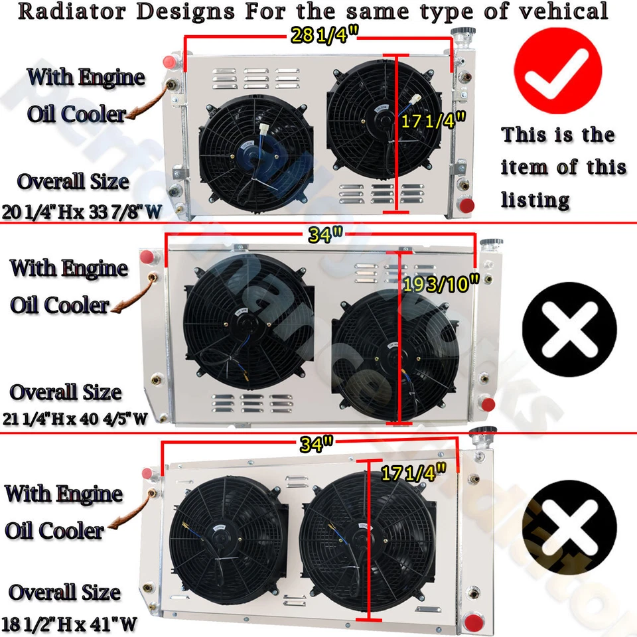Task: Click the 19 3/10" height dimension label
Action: pyautogui.click(x=441, y=284)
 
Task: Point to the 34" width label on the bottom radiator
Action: pyautogui.click(x=316, y=445)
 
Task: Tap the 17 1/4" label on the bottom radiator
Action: pyautogui.click(x=413, y=473)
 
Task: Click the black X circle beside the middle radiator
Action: pyautogui.click(x=569, y=329)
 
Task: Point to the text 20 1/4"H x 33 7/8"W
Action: pyautogui.click(x=82, y=212)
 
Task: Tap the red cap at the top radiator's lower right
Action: pyautogui.click(x=467, y=205)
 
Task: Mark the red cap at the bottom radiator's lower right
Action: pyautogui.click(x=474, y=623)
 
